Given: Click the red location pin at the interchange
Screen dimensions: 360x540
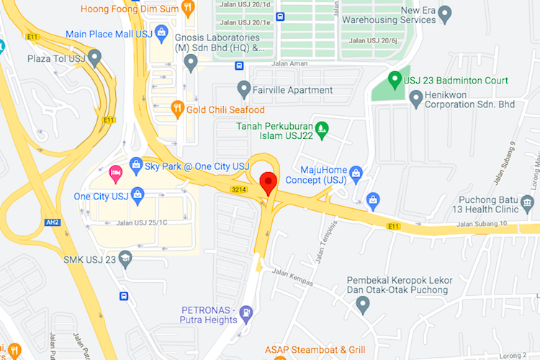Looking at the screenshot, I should [x=269, y=182].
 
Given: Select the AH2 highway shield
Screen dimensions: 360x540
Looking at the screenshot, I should [x=52, y=222].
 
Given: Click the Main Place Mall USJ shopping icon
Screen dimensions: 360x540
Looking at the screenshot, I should [x=162, y=33].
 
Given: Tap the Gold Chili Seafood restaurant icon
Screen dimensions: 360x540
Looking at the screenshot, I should [x=177, y=109].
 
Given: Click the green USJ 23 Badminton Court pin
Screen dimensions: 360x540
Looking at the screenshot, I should [x=395, y=80].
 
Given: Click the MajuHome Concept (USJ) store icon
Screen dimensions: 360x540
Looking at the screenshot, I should [x=355, y=174].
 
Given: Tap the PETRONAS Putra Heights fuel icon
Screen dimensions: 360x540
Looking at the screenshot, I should [x=247, y=313].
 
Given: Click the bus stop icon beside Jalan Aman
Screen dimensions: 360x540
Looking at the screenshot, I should [x=238, y=66].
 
